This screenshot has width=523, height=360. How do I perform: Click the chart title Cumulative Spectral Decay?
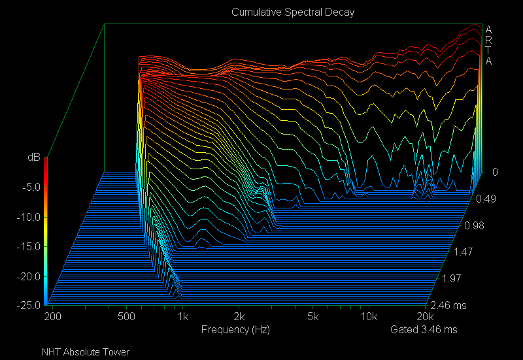pyautogui.click(x=292, y=12)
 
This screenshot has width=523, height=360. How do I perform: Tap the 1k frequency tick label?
pyautogui.click(x=183, y=317)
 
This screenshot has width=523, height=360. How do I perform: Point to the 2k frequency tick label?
pyautogui.click(x=240, y=317)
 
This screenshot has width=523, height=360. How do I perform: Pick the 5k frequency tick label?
pyautogui.click(x=314, y=317)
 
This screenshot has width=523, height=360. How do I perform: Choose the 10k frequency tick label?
pyautogui.click(x=369, y=317)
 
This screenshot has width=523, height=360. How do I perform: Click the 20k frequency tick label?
pyautogui.click(x=426, y=317)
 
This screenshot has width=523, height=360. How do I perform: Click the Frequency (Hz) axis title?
pyautogui.click(x=235, y=330)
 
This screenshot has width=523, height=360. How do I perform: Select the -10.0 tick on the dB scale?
pyautogui.click(x=27, y=217)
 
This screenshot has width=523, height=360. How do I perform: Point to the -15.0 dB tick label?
pyautogui.click(x=27, y=246)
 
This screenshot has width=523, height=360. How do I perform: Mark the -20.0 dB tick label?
pyautogui.click(x=27, y=276)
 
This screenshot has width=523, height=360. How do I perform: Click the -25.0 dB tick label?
pyautogui.click(x=27, y=305)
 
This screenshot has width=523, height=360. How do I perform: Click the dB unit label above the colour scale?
pyautogui.click(x=33, y=157)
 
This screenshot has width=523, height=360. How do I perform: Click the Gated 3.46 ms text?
pyautogui.click(x=424, y=330)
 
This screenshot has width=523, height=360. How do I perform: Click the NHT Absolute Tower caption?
pyautogui.click(x=85, y=352)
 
